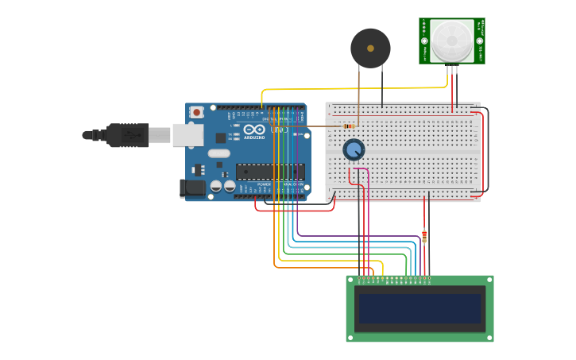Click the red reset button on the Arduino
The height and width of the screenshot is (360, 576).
click(x=196, y=113)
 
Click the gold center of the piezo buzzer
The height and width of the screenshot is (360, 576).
click(x=370, y=48)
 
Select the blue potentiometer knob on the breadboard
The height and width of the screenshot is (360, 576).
click(x=354, y=149)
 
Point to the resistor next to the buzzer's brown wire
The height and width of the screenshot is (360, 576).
click(x=348, y=126)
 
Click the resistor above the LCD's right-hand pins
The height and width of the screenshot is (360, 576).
click(x=424, y=236)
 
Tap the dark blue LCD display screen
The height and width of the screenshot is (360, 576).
click(x=419, y=308)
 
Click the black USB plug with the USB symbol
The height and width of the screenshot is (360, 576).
click(x=127, y=135)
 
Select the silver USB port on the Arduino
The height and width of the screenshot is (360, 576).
click(x=187, y=135)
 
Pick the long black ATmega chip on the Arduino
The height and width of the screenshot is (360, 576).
click(x=270, y=171)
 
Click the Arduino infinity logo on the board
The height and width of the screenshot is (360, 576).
click(x=253, y=130)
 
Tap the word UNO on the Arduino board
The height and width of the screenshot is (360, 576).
click(x=279, y=130)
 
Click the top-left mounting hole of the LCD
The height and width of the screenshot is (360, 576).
click(x=350, y=280)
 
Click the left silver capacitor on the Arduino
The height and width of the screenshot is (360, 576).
click(x=215, y=186)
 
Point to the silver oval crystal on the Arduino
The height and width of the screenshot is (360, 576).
click(x=219, y=153)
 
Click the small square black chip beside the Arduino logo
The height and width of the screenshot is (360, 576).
click(x=220, y=137)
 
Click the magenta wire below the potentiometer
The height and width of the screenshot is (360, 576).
click(x=368, y=215)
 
